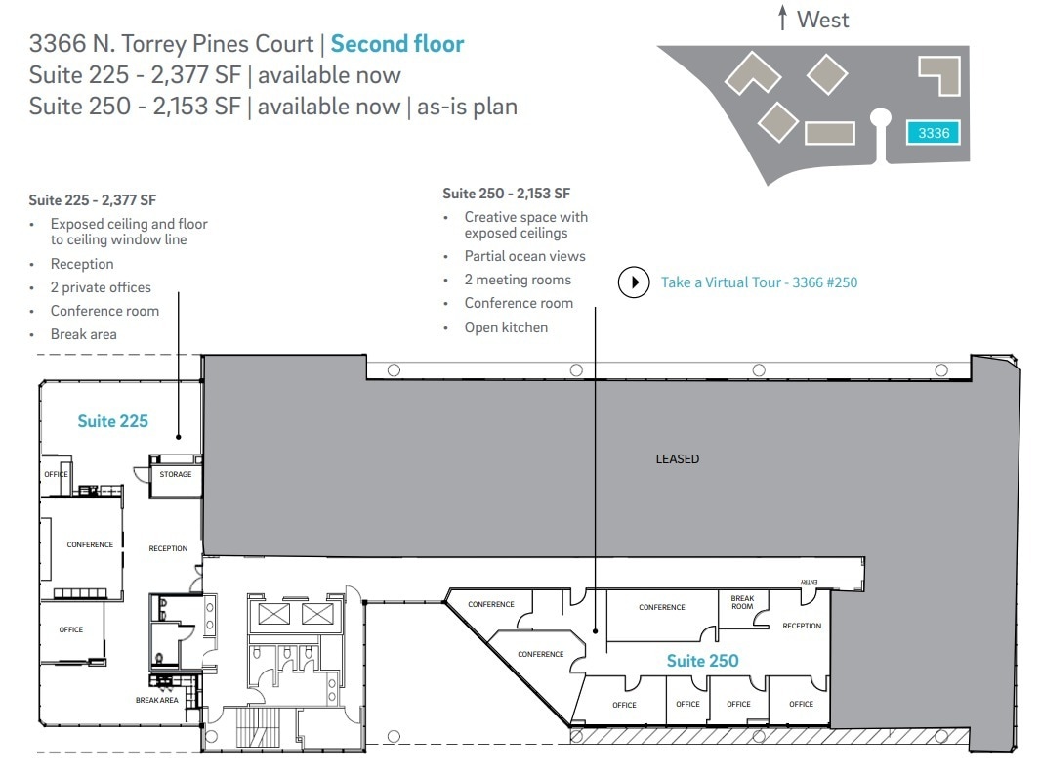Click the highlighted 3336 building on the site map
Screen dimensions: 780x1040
[934, 133]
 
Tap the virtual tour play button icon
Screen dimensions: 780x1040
[634, 282]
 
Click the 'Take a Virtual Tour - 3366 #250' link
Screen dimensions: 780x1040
[759, 282]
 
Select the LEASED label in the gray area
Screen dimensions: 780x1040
[677, 458]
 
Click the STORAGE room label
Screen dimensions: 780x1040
[176, 475]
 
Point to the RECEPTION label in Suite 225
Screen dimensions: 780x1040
[168, 548]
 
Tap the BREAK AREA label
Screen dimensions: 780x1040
[156, 700]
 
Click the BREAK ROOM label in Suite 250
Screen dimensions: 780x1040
[742, 602]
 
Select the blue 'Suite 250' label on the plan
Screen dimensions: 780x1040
[702, 661]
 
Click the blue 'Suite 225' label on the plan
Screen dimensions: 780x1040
[113, 421]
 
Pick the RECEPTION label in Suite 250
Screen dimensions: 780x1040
[802, 626]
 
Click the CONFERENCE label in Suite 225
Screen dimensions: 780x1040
[90, 544]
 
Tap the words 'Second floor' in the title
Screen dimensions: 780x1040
[397, 43]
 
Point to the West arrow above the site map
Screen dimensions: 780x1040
[782, 19]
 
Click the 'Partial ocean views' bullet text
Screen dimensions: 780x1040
[524, 256]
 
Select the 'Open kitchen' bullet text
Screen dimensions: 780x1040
[506, 327]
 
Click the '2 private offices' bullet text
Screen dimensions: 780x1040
[101, 287]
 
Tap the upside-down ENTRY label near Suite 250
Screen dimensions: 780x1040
[809, 583]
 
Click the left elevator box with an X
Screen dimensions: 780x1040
[272, 614]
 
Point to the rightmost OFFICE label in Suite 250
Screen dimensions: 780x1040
[801, 704]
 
